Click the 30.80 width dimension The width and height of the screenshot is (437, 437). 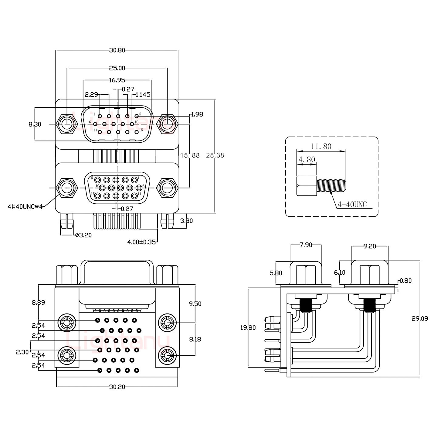[x=117, y=50]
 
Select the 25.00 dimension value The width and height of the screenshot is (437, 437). [x=117, y=68]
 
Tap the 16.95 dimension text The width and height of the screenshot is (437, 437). [x=117, y=80]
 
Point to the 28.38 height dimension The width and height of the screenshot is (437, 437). [x=215, y=155]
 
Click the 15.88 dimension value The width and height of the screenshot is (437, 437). [x=190, y=155]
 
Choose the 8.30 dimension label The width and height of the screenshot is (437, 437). [x=35, y=124]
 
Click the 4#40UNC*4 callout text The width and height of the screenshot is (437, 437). [x=25, y=207]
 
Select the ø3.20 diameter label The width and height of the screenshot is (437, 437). [x=83, y=235]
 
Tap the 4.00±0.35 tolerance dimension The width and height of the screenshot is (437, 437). [x=141, y=242]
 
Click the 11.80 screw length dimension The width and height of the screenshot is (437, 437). [x=321, y=147]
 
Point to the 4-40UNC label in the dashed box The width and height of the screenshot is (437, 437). [x=352, y=205]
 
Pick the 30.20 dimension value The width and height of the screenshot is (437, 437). [x=117, y=387]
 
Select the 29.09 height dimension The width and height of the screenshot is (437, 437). [x=420, y=319]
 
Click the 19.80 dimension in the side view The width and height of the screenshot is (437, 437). [x=248, y=328]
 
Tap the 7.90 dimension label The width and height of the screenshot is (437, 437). [x=306, y=245]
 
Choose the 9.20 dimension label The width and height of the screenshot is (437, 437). [x=370, y=246]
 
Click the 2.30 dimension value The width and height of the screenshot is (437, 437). [x=22, y=352]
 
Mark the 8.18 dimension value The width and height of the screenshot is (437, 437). [x=195, y=339]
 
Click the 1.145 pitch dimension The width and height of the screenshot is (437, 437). [x=143, y=95]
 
